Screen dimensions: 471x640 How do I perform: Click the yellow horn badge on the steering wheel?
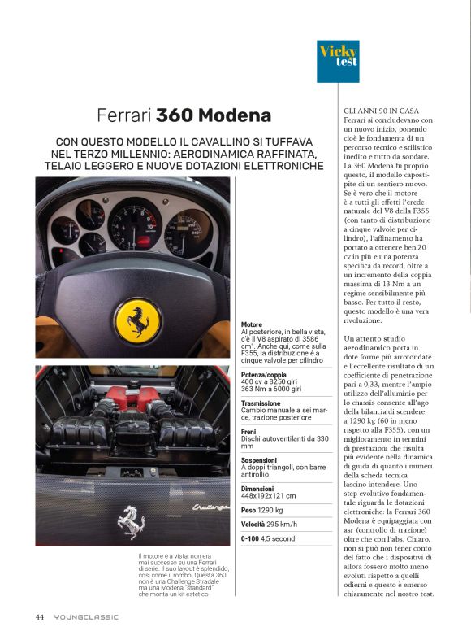(x=136, y=319)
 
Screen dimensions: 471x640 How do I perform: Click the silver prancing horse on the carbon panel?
(x=131, y=521)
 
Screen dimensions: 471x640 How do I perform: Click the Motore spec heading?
(x=252, y=324)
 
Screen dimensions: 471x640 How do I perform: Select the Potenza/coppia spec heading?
(x=264, y=373)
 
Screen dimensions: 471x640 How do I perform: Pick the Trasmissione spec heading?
(x=262, y=403)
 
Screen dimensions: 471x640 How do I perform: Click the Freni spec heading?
(x=249, y=431)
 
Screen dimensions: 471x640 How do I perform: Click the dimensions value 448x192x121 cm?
(x=269, y=495)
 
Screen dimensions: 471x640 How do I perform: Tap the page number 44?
(x=39, y=616)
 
